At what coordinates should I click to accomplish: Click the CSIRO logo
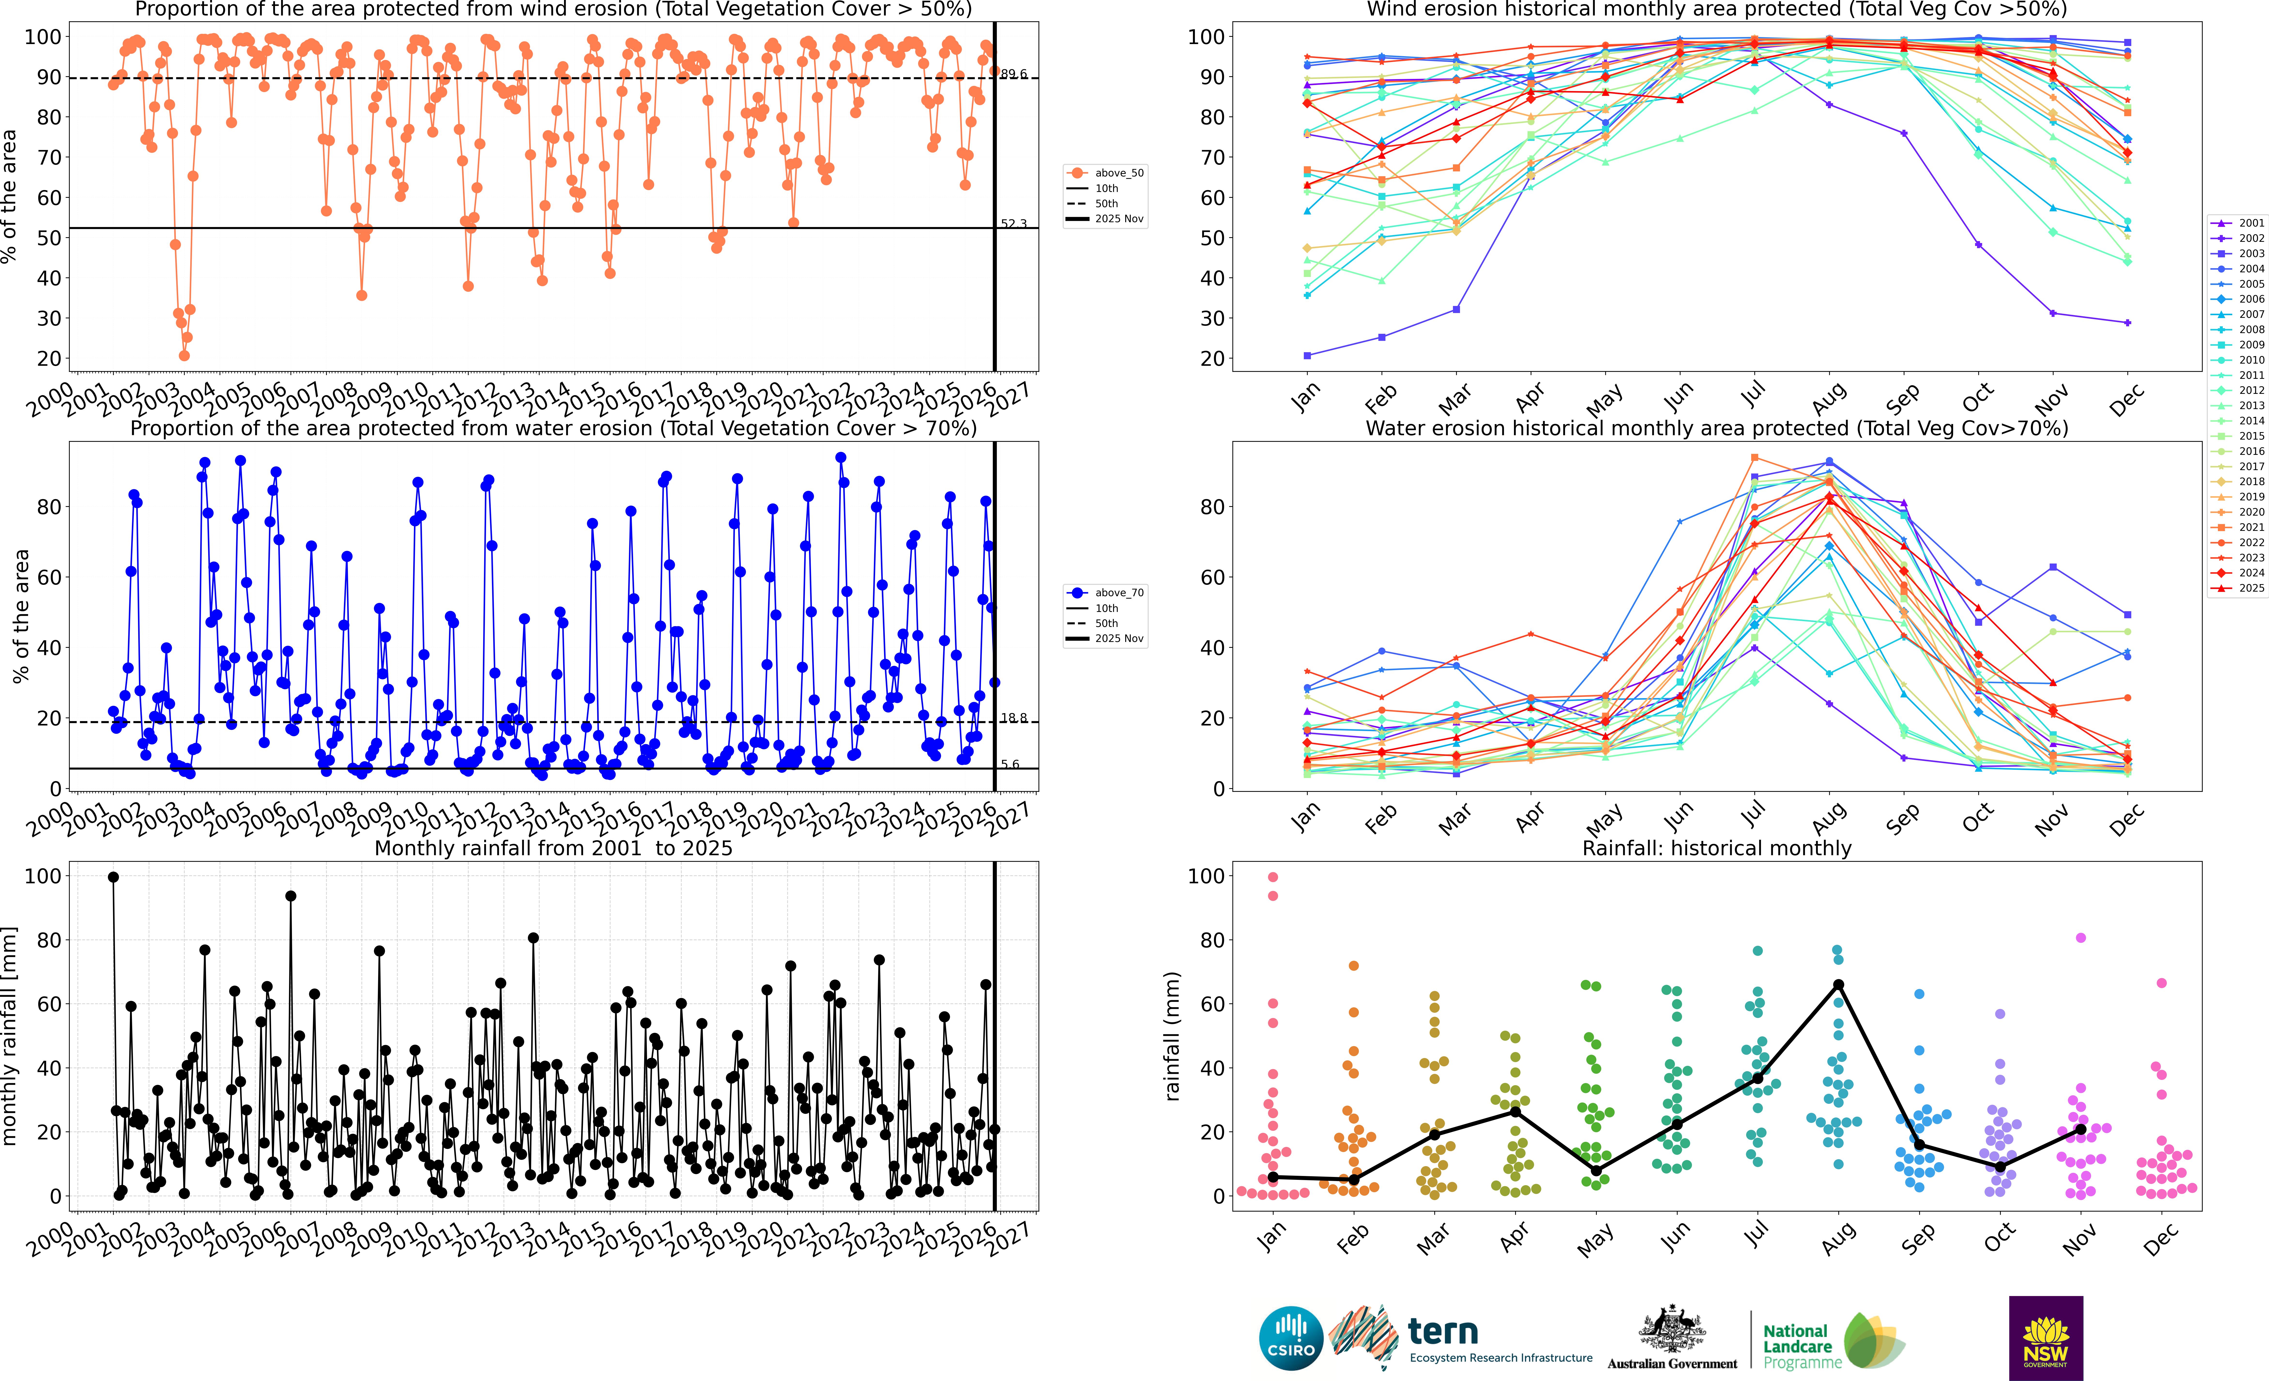click(1291, 1338)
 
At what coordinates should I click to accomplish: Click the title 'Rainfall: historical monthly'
click(1717, 848)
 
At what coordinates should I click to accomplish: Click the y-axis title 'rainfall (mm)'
click(1172, 1036)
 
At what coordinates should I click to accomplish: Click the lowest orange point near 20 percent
click(184, 355)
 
